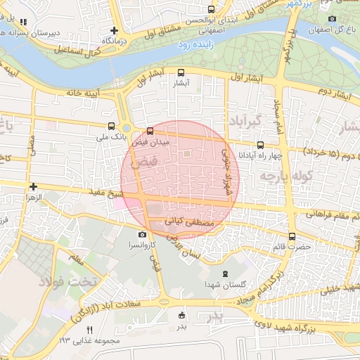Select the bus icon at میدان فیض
click(150, 131)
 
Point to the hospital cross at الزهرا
click(33, 186)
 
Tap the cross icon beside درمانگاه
click(114, 30)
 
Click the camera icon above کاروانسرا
click(143, 235)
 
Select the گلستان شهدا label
click(225, 283)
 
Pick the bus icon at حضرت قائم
click(292, 237)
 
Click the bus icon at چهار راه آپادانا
click(260, 145)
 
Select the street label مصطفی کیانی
click(185, 221)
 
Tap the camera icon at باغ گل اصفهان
click(332, 18)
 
